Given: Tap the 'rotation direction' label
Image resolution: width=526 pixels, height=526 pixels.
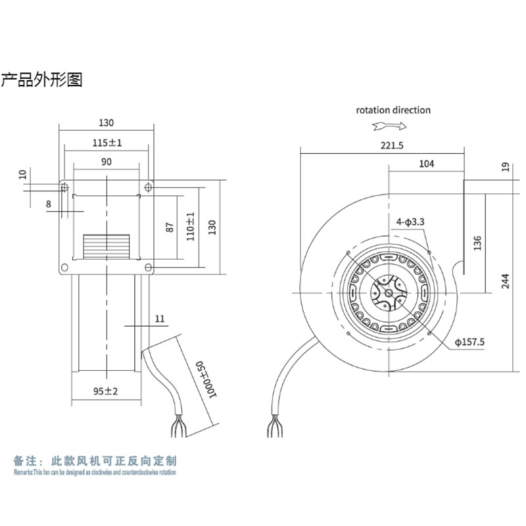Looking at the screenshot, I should [393, 110].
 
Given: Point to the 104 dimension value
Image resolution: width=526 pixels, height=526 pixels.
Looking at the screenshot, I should [426, 164].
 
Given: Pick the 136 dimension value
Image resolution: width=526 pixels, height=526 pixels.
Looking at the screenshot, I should [477, 243].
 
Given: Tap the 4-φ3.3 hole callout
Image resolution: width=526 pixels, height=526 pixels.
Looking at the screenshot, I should [411, 222].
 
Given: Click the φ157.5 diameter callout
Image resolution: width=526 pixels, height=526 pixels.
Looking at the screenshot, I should [469, 342].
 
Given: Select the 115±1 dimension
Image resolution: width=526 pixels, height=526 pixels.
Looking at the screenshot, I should [107, 142].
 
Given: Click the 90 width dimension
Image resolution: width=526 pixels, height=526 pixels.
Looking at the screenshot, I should [107, 161].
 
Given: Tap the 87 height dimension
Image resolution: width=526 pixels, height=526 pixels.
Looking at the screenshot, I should [170, 227].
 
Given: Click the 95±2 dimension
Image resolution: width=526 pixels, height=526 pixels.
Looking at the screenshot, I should [105, 391].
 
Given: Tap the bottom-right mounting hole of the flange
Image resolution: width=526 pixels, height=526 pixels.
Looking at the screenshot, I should [149, 267].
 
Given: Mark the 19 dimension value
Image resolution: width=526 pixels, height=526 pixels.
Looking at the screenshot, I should [504, 167].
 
